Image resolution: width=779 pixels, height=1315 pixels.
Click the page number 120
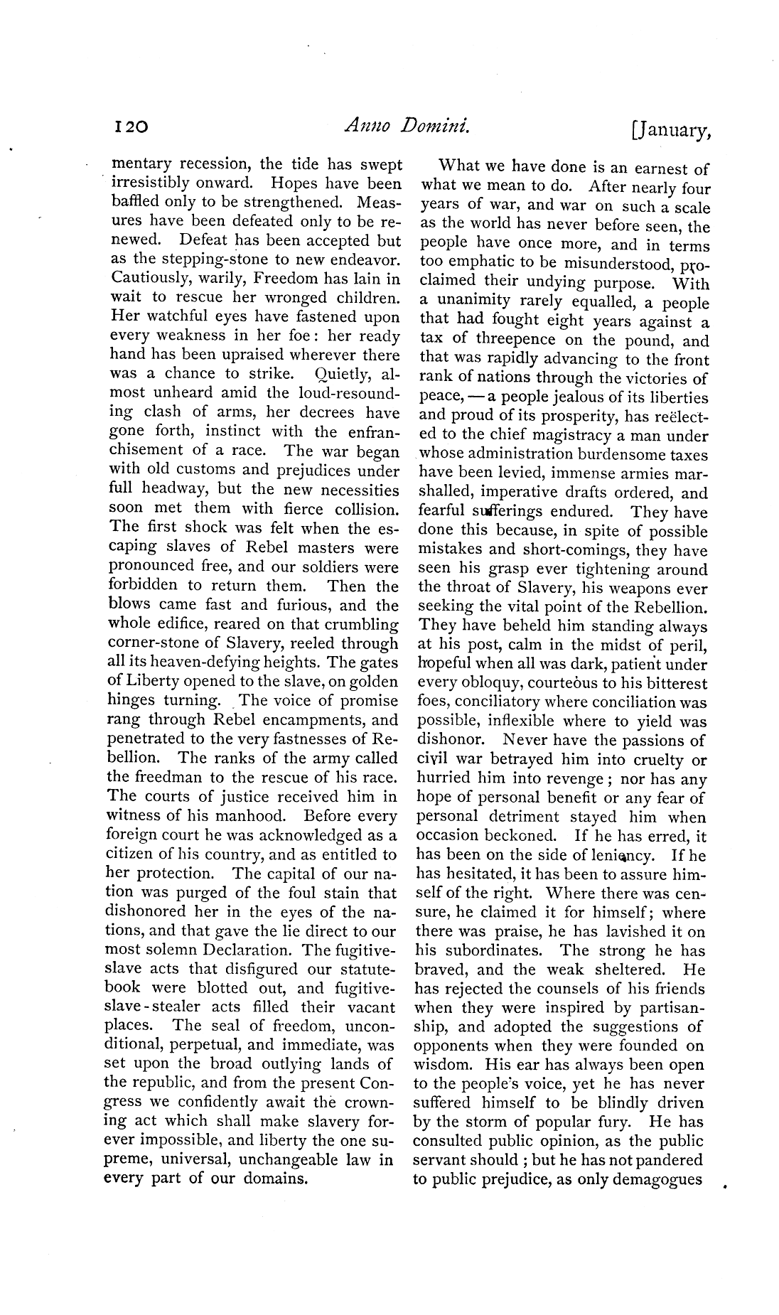click(x=130, y=127)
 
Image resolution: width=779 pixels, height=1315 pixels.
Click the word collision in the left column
click(x=360, y=509)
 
